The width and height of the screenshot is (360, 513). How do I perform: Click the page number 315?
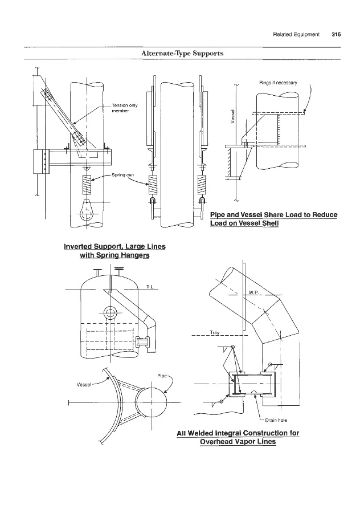(x=336, y=34)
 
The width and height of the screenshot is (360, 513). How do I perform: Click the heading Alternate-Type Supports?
(x=182, y=54)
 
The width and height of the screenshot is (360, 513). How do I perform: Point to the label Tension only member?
(x=125, y=108)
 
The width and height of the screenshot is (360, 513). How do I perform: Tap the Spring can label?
(x=122, y=175)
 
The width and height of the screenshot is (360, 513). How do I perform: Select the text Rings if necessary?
(x=278, y=83)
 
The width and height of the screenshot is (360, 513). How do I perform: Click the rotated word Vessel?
(x=233, y=116)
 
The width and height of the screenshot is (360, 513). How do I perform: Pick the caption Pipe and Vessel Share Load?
(x=273, y=219)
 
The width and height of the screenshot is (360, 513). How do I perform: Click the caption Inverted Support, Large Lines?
(x=114, y=251)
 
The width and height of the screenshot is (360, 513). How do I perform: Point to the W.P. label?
(x=253, y=292)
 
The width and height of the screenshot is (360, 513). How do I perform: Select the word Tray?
(x=215, y=332)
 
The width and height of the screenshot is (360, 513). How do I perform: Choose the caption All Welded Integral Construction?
(x=238, y=437)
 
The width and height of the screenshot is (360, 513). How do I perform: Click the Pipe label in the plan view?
(x=162, y=376)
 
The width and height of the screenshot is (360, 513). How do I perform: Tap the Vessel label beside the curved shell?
(x=83, y=384)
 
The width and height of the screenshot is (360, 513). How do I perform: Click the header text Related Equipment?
(x=296, y=34)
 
